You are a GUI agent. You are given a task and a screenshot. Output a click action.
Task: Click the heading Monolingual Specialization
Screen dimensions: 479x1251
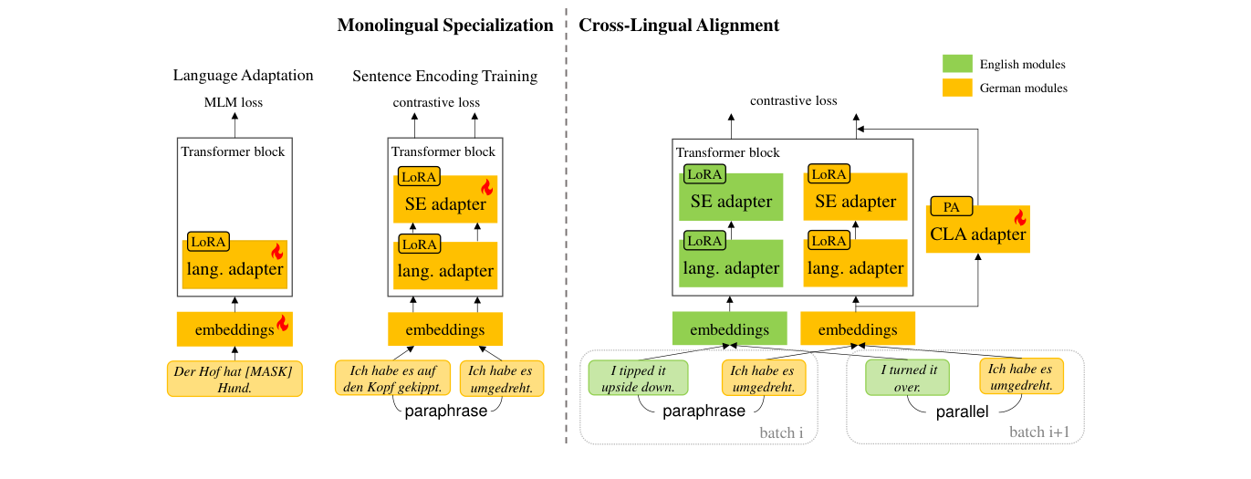click(x=445, y=26)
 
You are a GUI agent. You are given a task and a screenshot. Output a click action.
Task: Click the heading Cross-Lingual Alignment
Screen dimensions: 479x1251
click(x=679, y=26)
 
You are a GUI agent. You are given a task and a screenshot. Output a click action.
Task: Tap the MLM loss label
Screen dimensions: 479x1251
click(x=234, y=102)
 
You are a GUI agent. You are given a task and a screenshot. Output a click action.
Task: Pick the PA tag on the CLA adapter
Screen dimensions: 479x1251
click(x=951, y=206)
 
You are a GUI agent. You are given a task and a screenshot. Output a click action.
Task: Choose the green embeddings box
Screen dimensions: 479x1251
click(x=729, y=329)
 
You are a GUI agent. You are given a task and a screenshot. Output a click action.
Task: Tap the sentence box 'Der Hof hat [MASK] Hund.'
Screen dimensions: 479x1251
click(x=235, y=379)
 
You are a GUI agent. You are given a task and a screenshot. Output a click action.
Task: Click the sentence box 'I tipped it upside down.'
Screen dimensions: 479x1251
click(x=638, y=379)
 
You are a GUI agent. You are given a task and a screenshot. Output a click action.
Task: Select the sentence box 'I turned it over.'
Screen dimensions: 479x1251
click(x=909, y=379)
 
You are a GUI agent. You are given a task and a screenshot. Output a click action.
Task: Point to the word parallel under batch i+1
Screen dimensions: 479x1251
click(x=962, y=412)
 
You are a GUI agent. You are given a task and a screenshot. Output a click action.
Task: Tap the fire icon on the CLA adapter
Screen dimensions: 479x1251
click(x=1019, y=217)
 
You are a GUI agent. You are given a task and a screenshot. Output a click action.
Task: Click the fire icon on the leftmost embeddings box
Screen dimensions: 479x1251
click(x=282, y=323)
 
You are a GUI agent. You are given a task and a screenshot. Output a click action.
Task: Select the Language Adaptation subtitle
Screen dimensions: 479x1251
click(x=243, y=75)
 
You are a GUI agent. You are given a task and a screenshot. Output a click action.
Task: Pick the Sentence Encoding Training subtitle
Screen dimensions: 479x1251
click(x=444, y=75)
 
